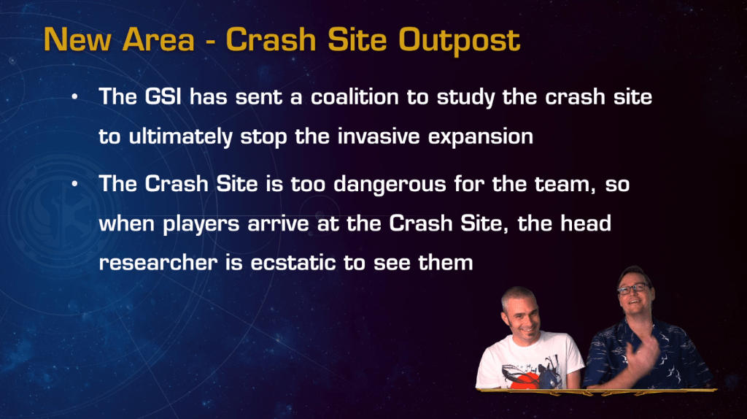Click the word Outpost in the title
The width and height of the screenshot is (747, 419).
point(460,41)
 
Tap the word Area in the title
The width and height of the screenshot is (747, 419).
point(158,39)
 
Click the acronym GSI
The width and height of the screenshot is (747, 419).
point(163,97)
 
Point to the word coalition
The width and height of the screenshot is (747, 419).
point(355,97)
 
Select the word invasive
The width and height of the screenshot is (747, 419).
point(379,137)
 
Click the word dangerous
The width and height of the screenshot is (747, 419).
point(390,185)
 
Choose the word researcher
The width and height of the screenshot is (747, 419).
point(158,263)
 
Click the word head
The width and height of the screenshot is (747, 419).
point(586,223)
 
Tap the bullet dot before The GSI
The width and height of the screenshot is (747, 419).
point(75,97)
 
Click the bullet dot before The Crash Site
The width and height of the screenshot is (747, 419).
point(75,184)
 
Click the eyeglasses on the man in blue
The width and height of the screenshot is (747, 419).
point(633,288)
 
